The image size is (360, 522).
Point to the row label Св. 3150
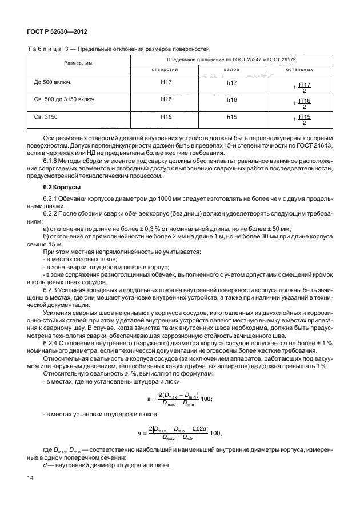[46, 116]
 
